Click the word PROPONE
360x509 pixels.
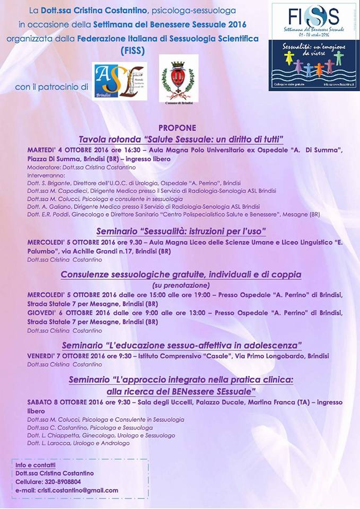[x=177, y=128]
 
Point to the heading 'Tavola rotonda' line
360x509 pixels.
[x=181, y=139]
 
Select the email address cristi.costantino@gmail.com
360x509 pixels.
[x=77, y=490]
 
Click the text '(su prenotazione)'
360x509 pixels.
[x=181, y=285]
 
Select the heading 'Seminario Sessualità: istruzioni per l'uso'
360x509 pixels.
[x=181, y=231]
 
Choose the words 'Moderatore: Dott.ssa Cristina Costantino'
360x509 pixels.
[x=79, y=168]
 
